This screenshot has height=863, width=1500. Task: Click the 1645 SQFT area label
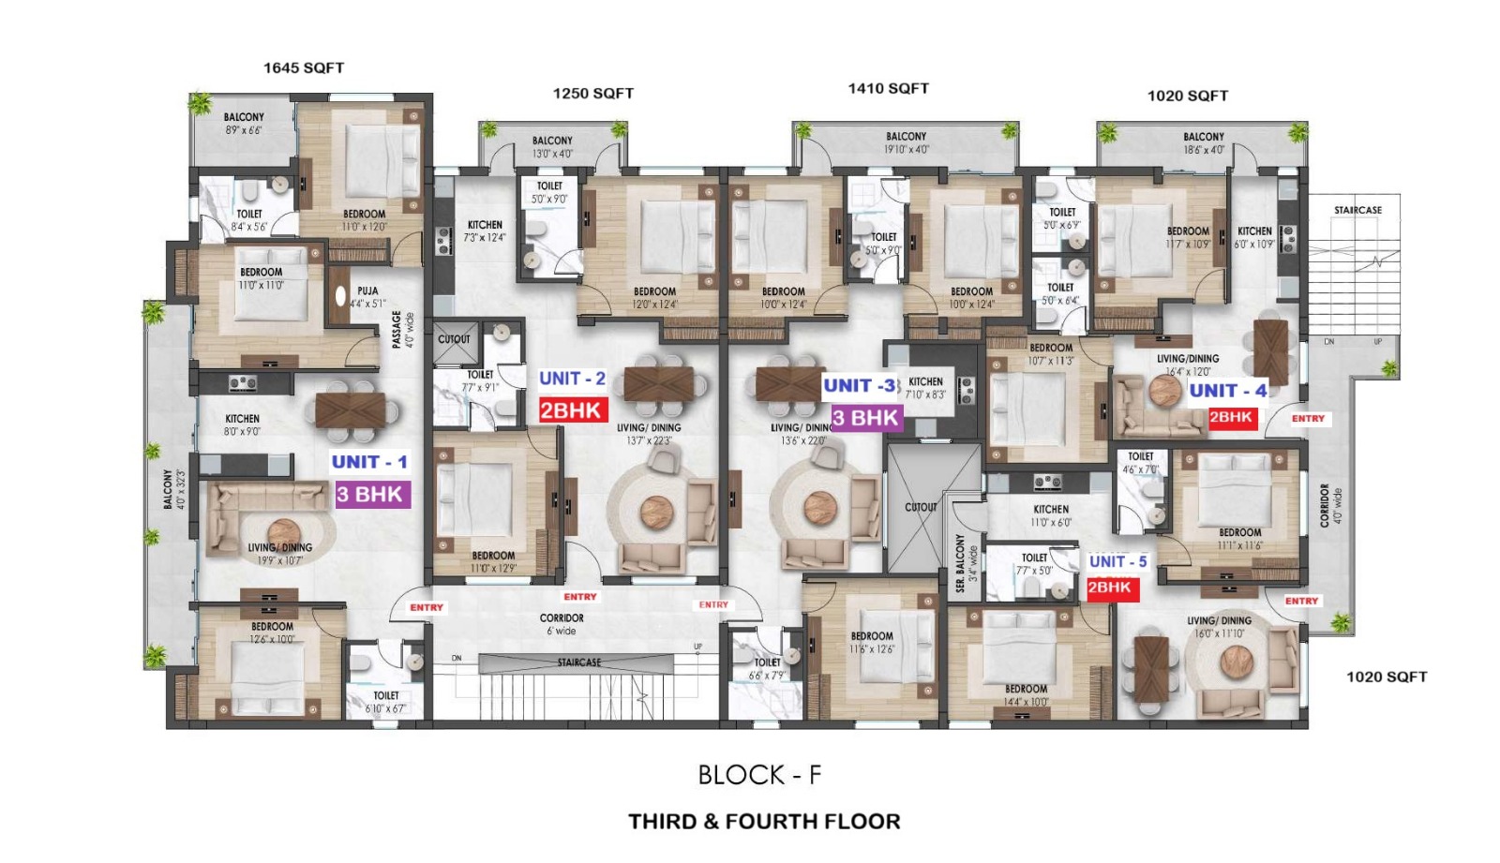coord(303,67)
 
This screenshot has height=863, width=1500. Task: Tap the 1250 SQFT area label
coord(592,93)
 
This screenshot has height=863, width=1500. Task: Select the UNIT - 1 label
coord(369,461)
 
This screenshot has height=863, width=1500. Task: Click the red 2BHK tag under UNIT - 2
coord(572,409)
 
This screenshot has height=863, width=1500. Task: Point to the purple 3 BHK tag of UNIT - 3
coord(864,418)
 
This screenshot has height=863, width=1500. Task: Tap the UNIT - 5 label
coord(1117,561)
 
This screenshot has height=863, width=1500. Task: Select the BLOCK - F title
coord(759,775)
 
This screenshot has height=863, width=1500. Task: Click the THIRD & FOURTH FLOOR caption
coord(764,822)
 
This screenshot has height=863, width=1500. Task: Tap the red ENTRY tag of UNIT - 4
coord(1308,419)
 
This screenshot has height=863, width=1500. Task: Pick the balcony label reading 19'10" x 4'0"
coord(906,142)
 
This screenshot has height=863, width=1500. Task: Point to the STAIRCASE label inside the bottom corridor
coord(578,662)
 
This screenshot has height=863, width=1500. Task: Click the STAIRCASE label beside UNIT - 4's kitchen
coord(1357,210)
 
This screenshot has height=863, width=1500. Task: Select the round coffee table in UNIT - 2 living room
coord(656,512)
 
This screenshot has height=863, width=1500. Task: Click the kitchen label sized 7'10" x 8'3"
coord(925,388)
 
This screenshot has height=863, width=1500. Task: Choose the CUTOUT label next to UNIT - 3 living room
coord(921,507)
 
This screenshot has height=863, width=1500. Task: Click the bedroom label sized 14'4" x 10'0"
coord(1026,694)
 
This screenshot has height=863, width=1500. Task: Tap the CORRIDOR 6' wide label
coord(562,624)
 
